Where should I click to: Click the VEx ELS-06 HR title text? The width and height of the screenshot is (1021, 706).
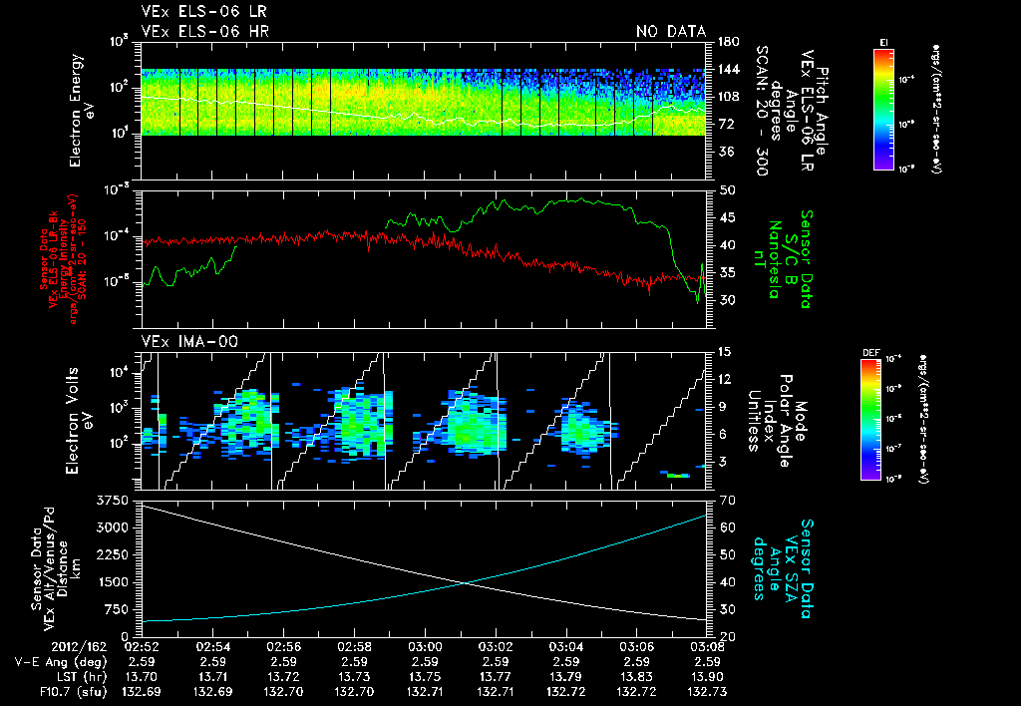tap(204, 32)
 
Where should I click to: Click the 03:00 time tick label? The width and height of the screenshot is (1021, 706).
tap(426, 645)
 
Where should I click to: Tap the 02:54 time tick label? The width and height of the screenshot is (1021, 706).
tap(213, 645)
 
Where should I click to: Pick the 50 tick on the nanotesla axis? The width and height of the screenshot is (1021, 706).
tap(725, 189)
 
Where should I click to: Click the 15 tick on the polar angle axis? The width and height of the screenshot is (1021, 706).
tap(725, 352)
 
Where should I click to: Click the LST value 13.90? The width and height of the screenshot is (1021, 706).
tap(707, 675)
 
